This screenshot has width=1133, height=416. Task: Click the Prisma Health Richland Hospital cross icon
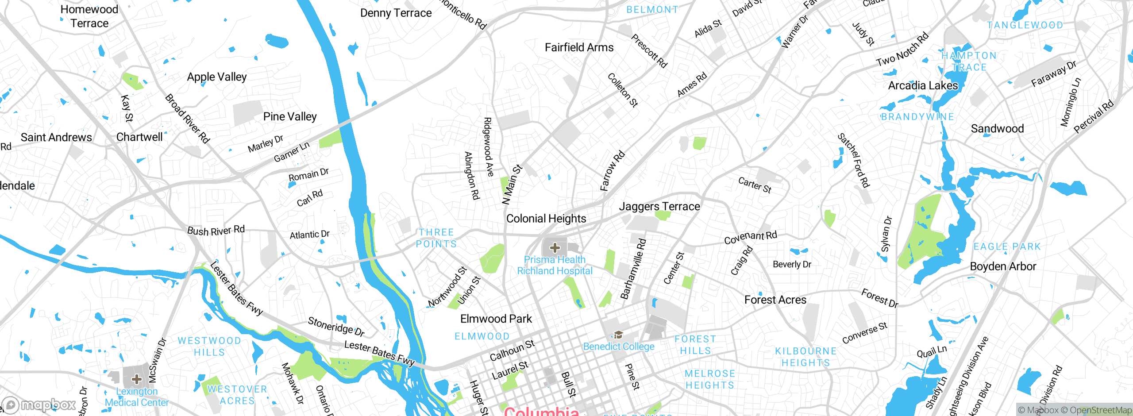[x=555, y=248]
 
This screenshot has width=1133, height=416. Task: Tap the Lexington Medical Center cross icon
[x=137, y=379]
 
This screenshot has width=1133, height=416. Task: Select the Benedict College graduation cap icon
[x=618, y=335]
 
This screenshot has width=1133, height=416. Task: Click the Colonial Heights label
[x=546, y=219]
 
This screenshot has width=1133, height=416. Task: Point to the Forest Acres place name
[x=775, y=300]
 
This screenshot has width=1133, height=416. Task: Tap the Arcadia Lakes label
[x=923, y=85]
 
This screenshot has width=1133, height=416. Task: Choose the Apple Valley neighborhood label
[x=216, y=77]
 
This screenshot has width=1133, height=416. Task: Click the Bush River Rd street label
[x=216, y=231]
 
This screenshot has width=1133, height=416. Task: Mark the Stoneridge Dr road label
[x=336, y=326]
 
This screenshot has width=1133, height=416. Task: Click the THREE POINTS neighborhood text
[x=436, y=238]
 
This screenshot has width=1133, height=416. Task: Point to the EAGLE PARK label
[x=1007, y=247]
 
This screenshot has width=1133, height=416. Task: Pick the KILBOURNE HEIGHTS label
[x=805, y=357]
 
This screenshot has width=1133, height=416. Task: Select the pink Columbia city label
[x=541, y=411]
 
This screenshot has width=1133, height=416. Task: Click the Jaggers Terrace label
[x=659, y=207]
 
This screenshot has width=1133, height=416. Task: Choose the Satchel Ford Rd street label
[x=853, y=161]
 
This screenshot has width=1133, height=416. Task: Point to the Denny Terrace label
[x=396, y=13]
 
